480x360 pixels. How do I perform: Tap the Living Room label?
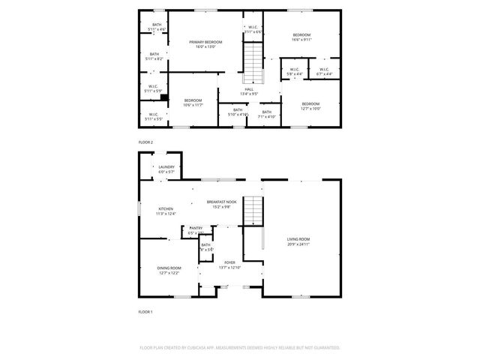[298, 241]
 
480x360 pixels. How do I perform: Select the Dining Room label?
[169, 270]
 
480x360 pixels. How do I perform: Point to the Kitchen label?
[165, 211]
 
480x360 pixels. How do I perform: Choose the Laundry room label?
[166, 169]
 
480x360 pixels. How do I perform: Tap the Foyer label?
[229, 265]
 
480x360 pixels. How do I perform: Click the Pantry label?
[196, 230]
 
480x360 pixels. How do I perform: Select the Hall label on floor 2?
[248, 91]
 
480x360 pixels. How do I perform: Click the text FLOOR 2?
[145, 142]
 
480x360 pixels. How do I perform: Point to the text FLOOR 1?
[145, 310]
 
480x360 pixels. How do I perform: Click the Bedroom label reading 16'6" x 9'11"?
[301, 37]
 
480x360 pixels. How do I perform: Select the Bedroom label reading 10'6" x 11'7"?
[193, 103]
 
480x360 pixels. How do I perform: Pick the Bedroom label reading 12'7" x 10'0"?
[310, 106]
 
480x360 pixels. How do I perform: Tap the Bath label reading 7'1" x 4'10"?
[266, 114]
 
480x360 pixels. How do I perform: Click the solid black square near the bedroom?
[164, 97]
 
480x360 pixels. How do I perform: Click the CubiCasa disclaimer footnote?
[240, 348]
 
